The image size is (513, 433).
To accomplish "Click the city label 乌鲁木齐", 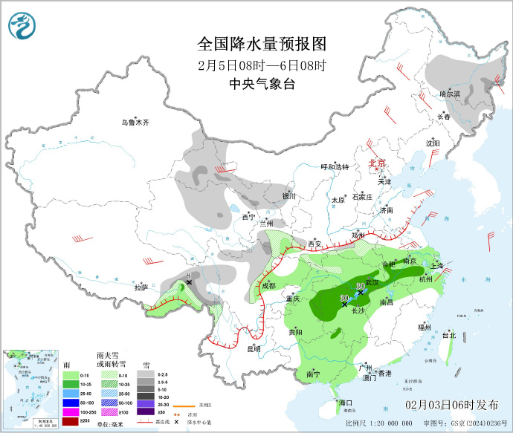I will [x=135, y=123].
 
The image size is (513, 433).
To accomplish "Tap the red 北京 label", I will [x=378, y=163].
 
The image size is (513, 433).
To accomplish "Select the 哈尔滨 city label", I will [x=450, y=94].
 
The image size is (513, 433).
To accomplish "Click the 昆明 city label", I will [x=253, y=348].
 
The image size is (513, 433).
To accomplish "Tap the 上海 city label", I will [x=437, y=266].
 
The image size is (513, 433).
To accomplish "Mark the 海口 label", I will [x=345, y=403].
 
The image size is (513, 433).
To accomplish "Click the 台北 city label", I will [x=449, y=335].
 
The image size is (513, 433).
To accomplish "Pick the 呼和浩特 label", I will [x=334, y=167].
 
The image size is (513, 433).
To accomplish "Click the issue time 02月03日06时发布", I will [x=452, y=405].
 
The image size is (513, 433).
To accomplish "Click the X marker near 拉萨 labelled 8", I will [x=190, y=282].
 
